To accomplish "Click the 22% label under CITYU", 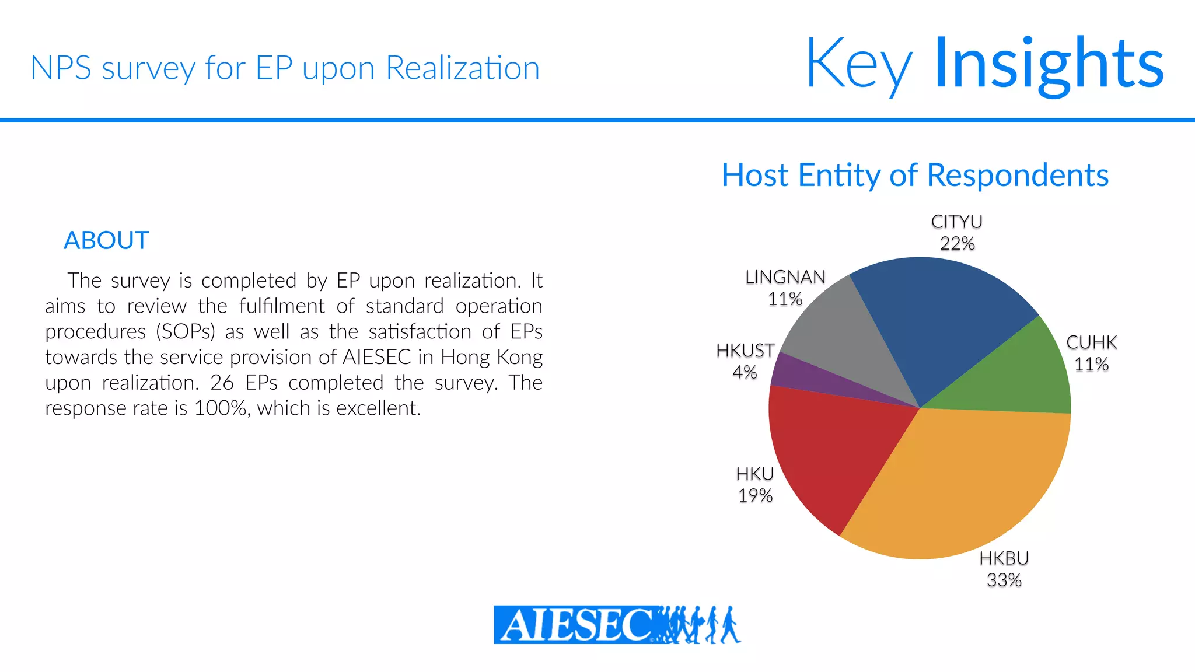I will click(957, 244).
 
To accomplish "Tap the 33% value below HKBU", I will click(1004, 580).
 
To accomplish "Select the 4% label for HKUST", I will click(745, 372).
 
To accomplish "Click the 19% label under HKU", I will click(755, 496).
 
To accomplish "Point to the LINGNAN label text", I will click(785, 277).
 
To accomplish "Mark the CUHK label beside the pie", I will click(1091, 342).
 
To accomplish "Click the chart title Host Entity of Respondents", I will click(915, 175).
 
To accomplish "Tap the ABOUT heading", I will click(106, 240).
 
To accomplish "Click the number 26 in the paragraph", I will click(222, 383).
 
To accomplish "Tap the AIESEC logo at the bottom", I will click(617, 624).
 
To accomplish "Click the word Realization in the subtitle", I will click(463, 68).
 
